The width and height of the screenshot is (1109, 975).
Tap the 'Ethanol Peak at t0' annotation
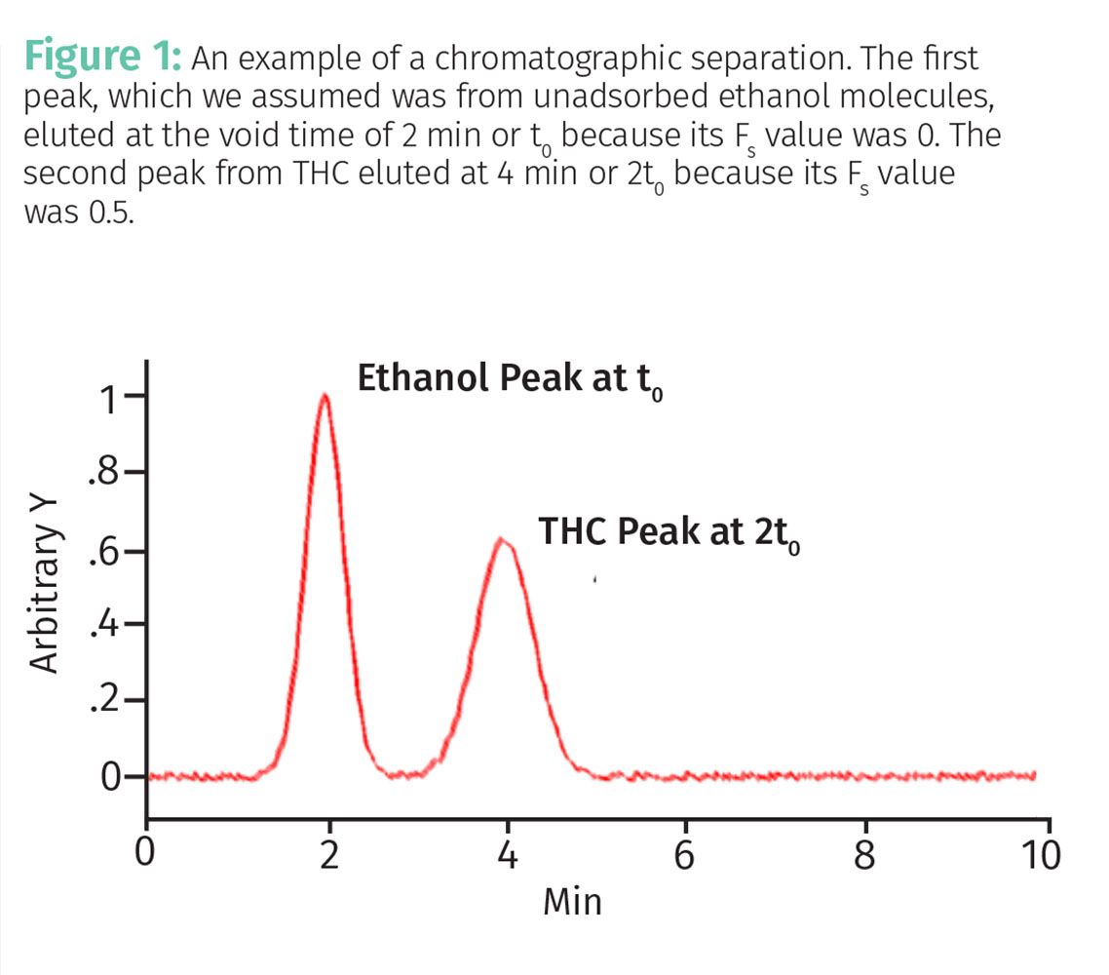coord(511,380)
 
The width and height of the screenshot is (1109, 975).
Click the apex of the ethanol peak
coord(325,395)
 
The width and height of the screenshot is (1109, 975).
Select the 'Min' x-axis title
coord(573,902)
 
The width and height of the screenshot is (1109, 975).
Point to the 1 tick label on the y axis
coord(115,398)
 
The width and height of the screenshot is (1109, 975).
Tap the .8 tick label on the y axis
coord(105,475)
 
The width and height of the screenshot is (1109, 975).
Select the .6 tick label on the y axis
coord(105,551)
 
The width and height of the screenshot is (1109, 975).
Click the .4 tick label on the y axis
coord(105,624)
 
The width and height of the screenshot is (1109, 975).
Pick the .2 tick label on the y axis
coord(105,700)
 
